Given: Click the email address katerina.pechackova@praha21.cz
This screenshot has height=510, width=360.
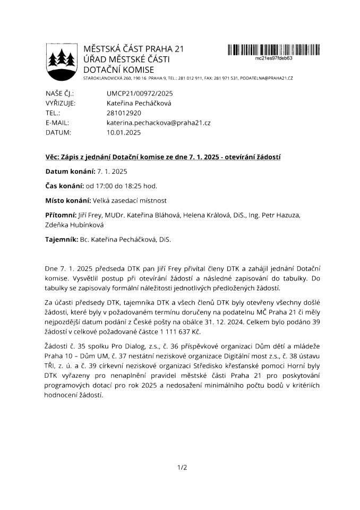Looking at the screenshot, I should point(159,123).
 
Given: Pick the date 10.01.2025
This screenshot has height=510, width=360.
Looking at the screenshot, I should point(124,132).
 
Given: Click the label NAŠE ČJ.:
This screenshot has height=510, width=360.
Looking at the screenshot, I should point(59,93).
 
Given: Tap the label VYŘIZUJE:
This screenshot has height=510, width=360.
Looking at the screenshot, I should point(61,103).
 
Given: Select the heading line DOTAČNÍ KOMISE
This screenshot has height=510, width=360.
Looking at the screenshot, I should point(119,70).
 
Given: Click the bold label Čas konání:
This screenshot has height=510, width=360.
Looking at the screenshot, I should point(65,185).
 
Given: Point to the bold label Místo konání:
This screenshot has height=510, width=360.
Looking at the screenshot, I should point(68,200).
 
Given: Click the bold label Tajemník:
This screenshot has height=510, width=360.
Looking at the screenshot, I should point(62,240).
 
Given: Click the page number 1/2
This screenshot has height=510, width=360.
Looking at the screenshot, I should point(182,467).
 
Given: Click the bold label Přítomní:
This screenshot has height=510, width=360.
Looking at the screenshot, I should point(61,215).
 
